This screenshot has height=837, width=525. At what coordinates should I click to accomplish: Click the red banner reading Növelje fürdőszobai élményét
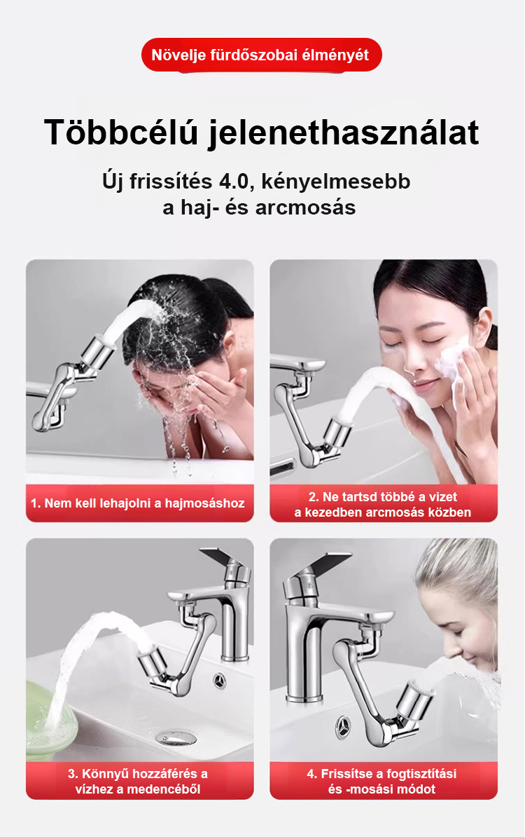coord(262,55)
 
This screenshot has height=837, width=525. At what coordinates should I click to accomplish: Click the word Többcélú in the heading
coord(121,132)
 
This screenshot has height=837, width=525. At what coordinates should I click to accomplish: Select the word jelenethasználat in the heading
coord(344,132)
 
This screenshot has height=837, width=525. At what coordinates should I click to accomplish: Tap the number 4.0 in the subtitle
coord(234,181)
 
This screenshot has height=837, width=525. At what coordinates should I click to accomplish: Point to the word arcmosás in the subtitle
coord(305,207)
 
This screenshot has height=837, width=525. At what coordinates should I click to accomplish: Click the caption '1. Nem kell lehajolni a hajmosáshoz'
coord(137,503)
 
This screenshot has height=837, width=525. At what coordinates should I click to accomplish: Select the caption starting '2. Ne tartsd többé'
coord(383,505)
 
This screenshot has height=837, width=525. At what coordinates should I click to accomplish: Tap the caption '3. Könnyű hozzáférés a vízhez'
coord(138,781)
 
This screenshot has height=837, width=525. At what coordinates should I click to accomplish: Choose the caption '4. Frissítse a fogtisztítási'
coord(382,781)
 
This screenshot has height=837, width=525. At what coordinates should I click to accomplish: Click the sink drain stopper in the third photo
coord(176,738)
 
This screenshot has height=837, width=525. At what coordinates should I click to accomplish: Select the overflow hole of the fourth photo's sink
coord(343,726)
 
